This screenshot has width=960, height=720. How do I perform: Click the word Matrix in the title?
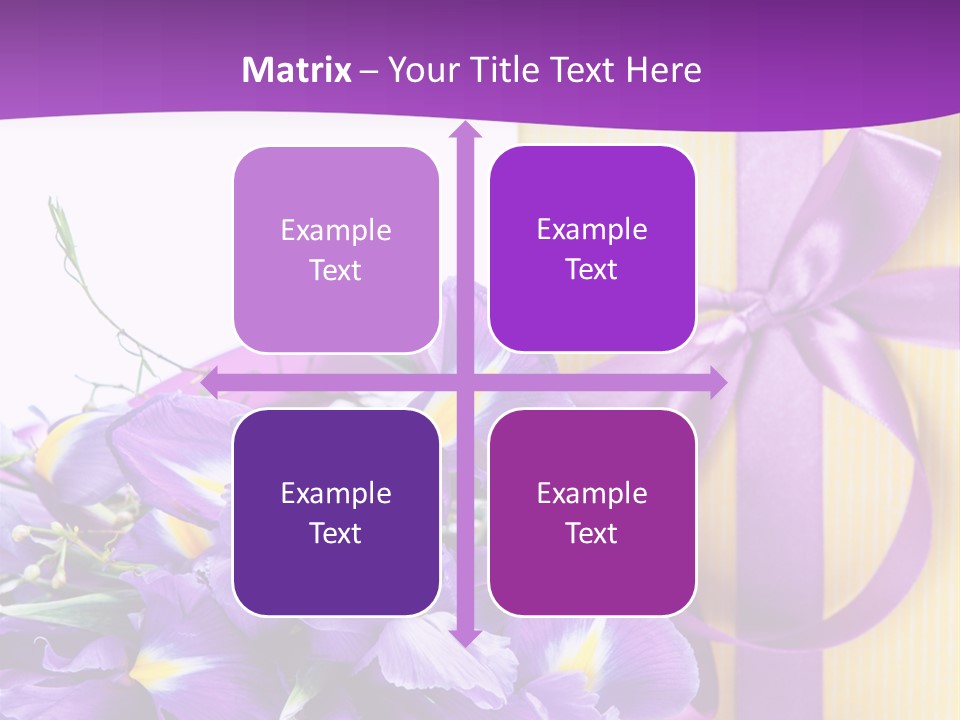pos(297,70)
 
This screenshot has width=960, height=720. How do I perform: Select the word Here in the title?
pos(663,70)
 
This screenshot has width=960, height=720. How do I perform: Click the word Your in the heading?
pos(419,70)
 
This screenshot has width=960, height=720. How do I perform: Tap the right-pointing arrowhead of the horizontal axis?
pos(717,383)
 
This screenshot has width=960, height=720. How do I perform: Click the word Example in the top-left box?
pos(336,231)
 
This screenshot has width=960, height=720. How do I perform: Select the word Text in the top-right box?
pos(592,270)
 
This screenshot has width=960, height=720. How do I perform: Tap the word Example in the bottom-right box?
pos(592,493)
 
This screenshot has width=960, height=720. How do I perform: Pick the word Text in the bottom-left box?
pos(336,533)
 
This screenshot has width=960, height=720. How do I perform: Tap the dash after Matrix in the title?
pos(369,71)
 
